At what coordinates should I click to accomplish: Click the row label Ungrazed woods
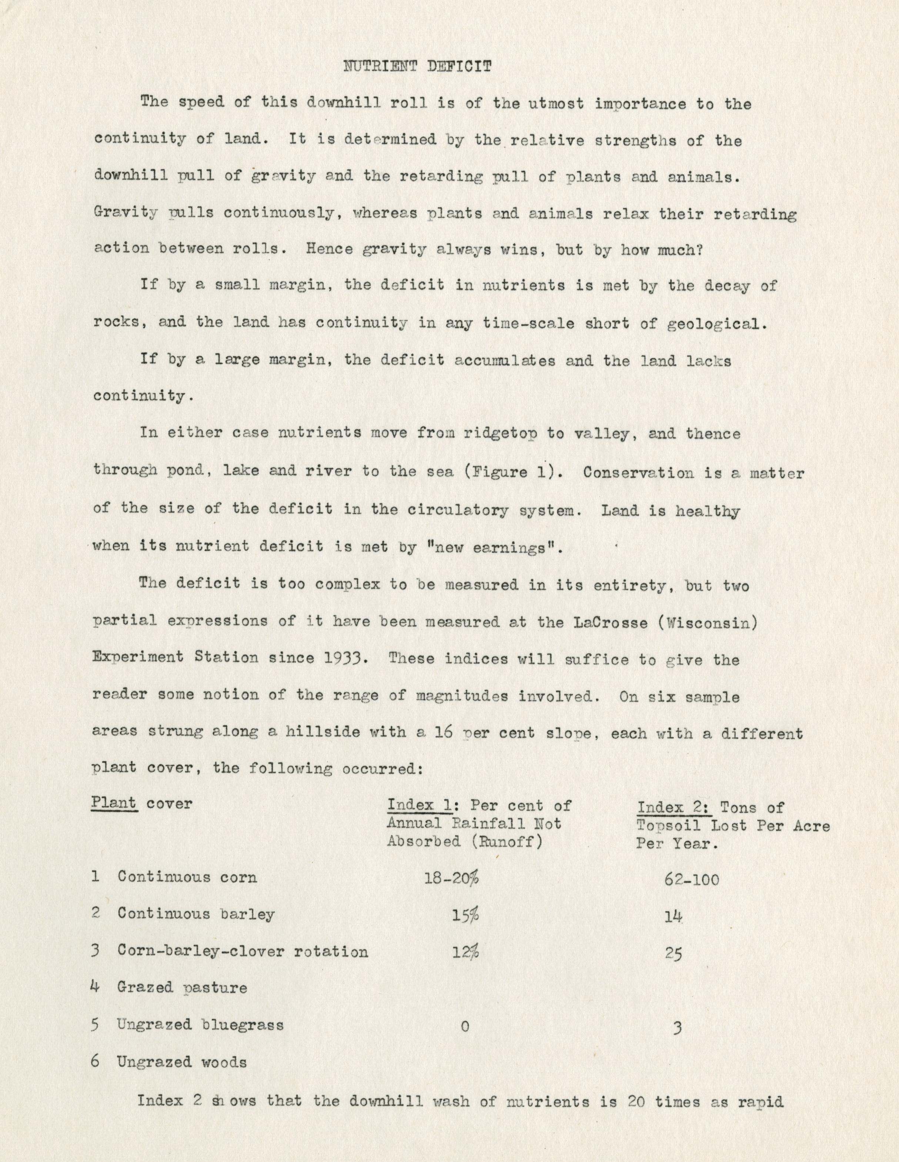[x=181, y=1062]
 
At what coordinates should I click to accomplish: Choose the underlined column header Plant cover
[x=141, y=803]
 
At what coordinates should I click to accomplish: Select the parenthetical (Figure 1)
[x=513, y=472]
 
